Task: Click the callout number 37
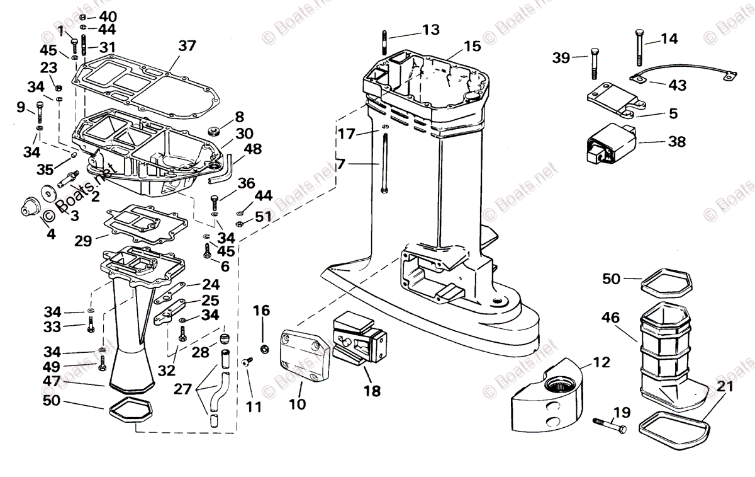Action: coord(187,45)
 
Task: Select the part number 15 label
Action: coord(472,46)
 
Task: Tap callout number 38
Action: coord(676,142)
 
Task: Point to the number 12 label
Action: coord(601,362)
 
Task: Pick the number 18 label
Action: coord(372,391)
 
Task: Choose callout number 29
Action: coord(83,240)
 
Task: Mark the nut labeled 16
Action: coord(265,348)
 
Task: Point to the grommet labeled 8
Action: coord(213,131)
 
